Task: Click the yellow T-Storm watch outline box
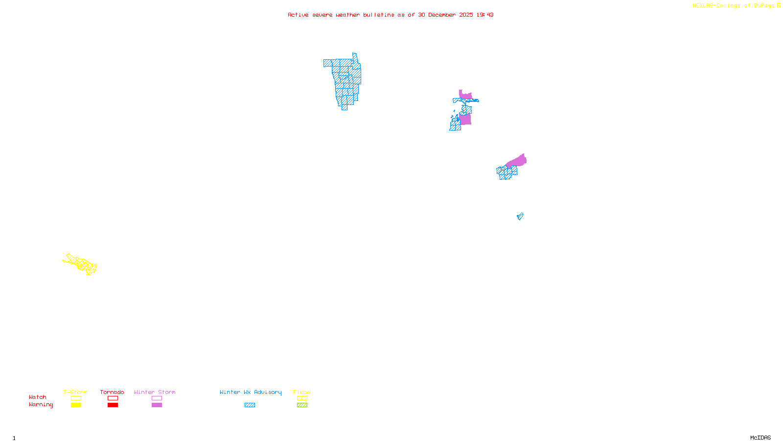(76, 398)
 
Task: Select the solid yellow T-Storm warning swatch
(76, 405)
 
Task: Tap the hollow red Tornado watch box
(113, 398)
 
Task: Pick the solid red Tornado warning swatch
(113, 405)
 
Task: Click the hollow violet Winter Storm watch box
(157, 398)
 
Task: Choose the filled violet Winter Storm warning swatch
(157, 405)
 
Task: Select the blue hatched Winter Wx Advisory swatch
(250, 405)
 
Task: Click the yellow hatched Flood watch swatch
(302, 398)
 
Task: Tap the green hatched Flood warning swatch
(302, 405)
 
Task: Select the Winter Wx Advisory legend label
(251, 392)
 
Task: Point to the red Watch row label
(38, 397)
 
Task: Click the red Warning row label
(41, 405)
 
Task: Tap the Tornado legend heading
(112, 392)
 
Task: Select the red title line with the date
(391, 15)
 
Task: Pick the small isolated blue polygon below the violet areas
(520, 216)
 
